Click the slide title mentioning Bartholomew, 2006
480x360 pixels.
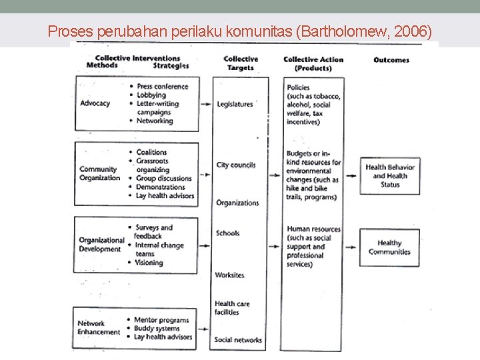pyautogui.click(x=240, y=31)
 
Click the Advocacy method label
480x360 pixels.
pyautogui.click(x=95, y=103)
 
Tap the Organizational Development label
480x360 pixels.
pyautogui.click(x=102, y=245)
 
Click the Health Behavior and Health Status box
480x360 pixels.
pyautogui.click(x=390, y=176)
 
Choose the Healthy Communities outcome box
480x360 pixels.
pyautogui.click(x=390, y=247)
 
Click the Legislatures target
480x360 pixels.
pyautogui.click(x=235, y=104)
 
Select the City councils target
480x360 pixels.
pyautogui.click(x=236, y=165)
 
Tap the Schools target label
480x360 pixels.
pyautogui.click(x=227, y=233)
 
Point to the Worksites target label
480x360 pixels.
pyautogui.click(x=230, y=275)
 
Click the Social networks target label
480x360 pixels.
pyautogui.click(x=239, y=340)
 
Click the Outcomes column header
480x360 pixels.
pyautogui.click(x=391, y=60)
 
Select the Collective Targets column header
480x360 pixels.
pyautogui.click(x=241, y=63)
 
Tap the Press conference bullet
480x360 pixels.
pyautogui.click(x=163, y=87)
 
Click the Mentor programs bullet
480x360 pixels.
pyautogui.click(x=162, y=320)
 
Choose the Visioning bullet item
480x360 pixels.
pyautogui.click(x=149, y=263)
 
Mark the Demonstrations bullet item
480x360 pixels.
pyautogui.click(x=161, y=187)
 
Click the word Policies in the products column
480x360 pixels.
pyautogui.click(x=298, y=87)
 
